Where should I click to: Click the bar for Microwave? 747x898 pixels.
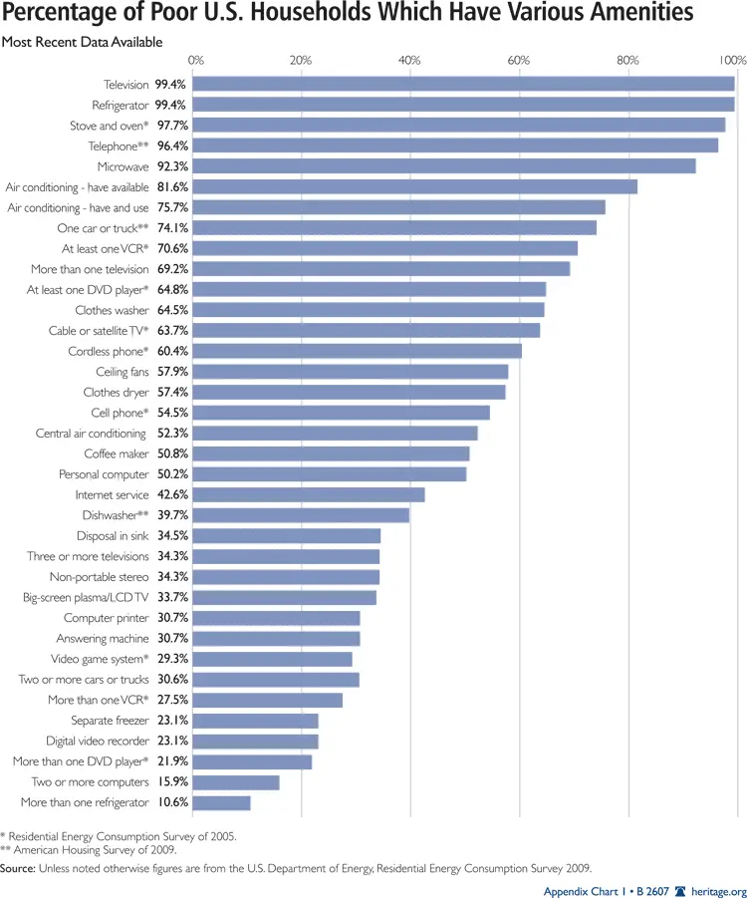click(444, 166)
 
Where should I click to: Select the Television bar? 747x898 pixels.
click(464, 85)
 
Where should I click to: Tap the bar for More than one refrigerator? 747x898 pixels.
click(222, 802)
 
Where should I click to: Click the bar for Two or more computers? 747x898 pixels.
click(237, 782)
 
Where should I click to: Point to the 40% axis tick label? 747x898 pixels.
click(410, 61)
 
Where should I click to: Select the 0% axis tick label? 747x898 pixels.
click(196, 61)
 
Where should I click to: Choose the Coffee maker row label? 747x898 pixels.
click(116, 453)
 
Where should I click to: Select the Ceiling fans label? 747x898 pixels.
click(122, 372)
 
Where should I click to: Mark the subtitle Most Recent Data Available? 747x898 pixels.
click(83, 43)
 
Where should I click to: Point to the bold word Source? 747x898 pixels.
click(18, 868)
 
